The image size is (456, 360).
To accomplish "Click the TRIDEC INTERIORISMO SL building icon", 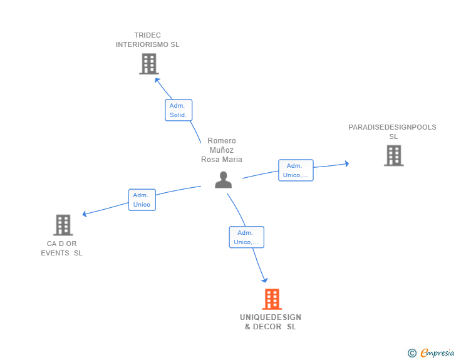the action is point(149,64).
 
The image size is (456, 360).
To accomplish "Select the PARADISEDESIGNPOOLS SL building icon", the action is point(394,155).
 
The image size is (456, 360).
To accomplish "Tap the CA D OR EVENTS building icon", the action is point(63,225).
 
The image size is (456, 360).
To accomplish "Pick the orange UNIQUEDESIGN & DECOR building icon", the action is point(272,299).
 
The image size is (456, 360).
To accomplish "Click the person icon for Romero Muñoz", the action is point(224,180).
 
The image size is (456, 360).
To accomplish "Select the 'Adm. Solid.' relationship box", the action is point(179,110).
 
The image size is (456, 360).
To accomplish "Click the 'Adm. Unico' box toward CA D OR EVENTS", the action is point(142,200).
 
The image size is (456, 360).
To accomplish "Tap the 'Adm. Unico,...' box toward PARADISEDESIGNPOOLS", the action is point(296,170).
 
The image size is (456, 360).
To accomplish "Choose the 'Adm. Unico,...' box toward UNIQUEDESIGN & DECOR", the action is point(247,237).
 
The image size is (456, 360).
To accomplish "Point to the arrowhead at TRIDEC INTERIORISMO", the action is point(157,80).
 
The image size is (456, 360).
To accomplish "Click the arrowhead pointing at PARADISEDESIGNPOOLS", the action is point(346,163).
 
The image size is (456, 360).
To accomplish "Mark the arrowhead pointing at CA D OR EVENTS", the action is point(85,214).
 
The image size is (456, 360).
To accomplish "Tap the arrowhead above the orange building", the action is point(264,280).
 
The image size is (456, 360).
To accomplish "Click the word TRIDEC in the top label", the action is point(147,35).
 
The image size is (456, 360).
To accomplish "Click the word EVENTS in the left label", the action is point(55,253).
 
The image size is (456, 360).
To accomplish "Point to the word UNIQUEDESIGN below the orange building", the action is point(271,317).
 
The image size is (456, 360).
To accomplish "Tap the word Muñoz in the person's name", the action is point(222,150).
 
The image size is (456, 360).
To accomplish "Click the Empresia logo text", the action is point(437,353).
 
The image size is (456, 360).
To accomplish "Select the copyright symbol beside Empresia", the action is point(412,353).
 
